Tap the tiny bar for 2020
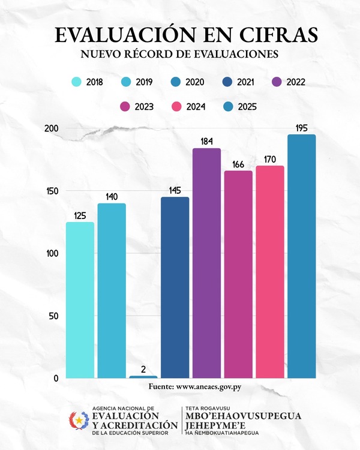(143, 376)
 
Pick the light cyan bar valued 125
(80, 300)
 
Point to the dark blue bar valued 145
(175, 287)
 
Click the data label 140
(112, 196)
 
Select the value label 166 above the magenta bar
(238, 163)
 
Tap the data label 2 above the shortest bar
(143, 368)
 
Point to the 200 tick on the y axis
(51, 128)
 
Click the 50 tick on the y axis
(53, 316)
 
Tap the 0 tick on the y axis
(55, 378)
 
